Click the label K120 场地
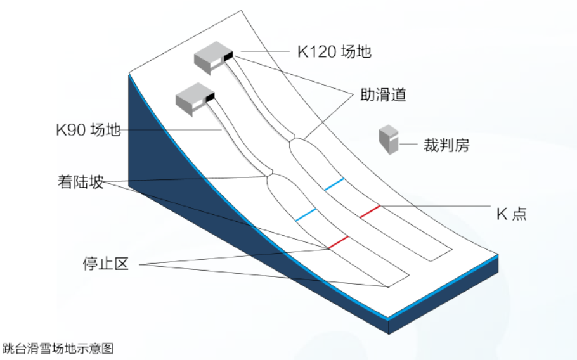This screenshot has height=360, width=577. pyautogui.click(x=334, y=51)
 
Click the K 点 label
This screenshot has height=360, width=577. pyautogui.click(x=510, y=214)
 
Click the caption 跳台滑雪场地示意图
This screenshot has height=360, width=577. pyautogui.click(x=58, y=348)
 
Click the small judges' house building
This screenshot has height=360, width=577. pyautogui.click(x=389, y=139)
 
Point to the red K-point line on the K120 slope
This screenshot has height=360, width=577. pyautogui.click(x=370, y=211)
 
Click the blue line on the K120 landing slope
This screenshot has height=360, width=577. pyautogui.click(x=334, y=184)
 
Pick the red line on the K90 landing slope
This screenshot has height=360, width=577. pyautogui.click(x=338, y=241)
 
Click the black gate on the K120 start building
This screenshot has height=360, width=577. pyautogui.click(x=229, y=56)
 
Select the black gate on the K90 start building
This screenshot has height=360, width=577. pyautogui.click(x=210, y=97)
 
